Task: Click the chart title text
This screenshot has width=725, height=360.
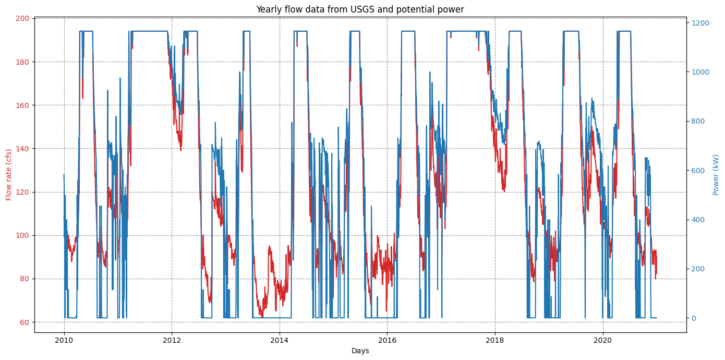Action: click(x=360, y=9)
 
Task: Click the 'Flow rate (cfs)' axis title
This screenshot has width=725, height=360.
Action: click(x=9, y=175)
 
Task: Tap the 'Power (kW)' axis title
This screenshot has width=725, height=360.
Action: click(x=716, y=175)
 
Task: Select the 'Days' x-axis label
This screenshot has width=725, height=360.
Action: click(x=360, y=351)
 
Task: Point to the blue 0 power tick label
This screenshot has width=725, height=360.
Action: click(x=694, y=318)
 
